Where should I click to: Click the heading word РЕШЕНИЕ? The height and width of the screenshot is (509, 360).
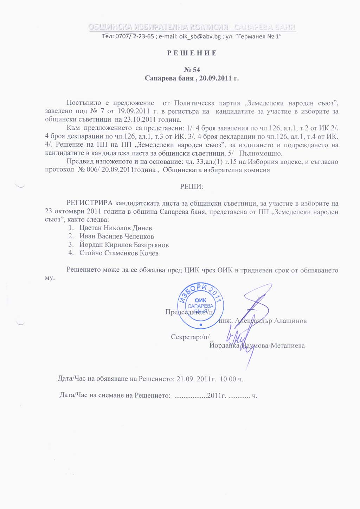192,53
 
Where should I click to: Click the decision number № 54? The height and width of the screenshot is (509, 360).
192,70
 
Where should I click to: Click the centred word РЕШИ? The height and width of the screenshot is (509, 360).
192,186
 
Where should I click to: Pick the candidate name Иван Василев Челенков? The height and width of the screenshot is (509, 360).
116,236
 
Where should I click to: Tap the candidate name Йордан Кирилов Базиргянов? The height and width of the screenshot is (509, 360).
124,245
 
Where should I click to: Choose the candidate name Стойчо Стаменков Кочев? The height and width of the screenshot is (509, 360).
119,253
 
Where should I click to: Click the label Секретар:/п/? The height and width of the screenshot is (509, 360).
190,337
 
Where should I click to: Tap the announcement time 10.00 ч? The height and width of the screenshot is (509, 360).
232,379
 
